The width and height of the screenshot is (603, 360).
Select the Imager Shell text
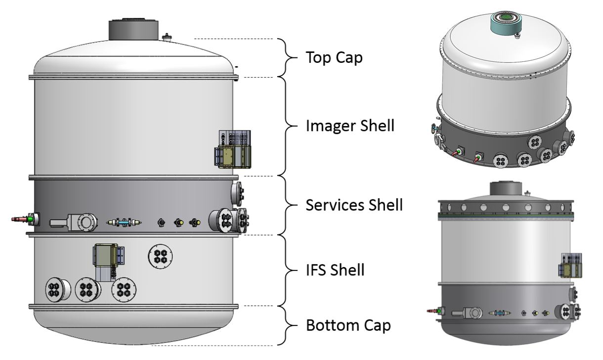tap(350, 126)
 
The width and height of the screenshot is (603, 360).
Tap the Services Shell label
tap(354, 204)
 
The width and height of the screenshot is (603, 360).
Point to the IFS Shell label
tap(335, 270)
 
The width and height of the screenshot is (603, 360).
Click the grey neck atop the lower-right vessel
tap(504, 189)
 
